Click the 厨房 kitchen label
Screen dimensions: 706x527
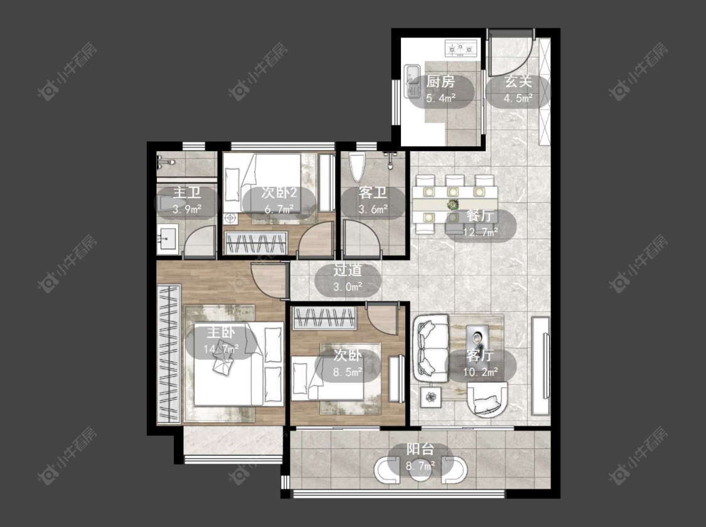pyautogui.click(x=441, y=82)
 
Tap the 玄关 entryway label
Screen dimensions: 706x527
pyautogui.click(x=518, y=82)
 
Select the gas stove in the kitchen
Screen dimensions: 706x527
pyautogui.click(x=461, y=48)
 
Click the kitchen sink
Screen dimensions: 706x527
pyautogui.click(x=412, y=81)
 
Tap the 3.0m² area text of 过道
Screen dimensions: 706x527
pyautogui.click(x=348, y=287)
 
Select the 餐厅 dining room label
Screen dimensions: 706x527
pyautogui.click(x=481, y=216)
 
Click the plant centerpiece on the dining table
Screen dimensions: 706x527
pyautogui.click(x=452, y=205)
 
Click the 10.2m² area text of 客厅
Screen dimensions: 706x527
pyautogui.click(x=481, y=372)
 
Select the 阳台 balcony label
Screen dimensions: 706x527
pyautogui.click(x=420, y=449)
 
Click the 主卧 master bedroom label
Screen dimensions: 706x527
pyautogui.click(x=221, y=333)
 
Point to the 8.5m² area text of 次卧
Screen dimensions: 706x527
pyautogui.click(x=348, y=372)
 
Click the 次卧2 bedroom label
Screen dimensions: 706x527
pyautogui.click(x=279, y=193)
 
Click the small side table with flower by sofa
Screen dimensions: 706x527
pyautogui.click(x=432, y=397)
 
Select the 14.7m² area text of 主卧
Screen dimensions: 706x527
pyautogui.click(x=221, y=349)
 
